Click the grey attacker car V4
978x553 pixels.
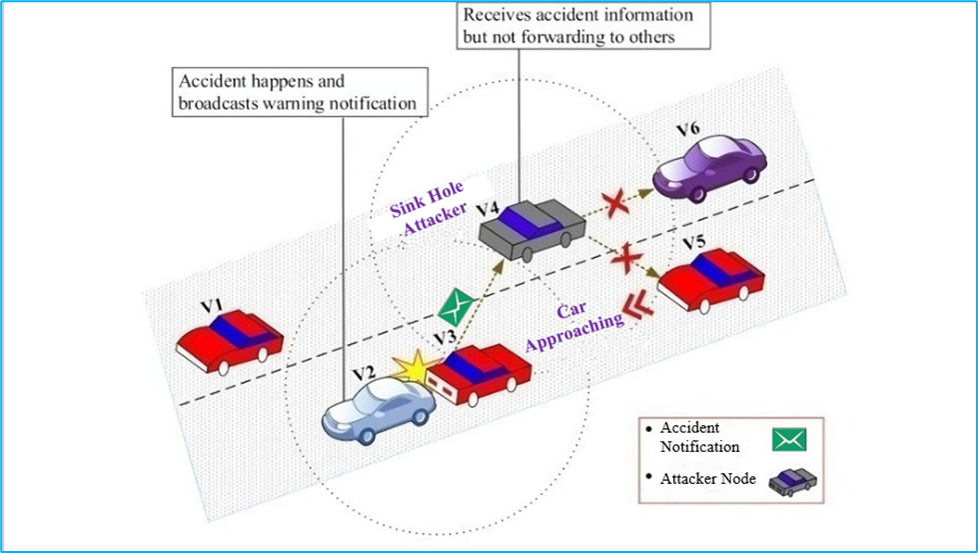(528, 229)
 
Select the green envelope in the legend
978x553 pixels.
(788, 438)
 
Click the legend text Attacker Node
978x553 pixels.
(707, 477)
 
